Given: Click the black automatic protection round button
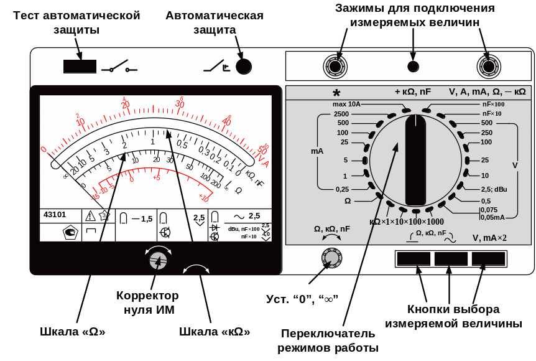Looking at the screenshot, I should click(x=243, y=67).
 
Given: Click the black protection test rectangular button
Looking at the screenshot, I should click(x=80, y=67).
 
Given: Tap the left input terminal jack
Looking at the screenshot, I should click(x=335, y=66).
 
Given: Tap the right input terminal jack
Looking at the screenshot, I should click(x=489, y=66).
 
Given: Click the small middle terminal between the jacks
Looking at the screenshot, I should click(x=412, y=67).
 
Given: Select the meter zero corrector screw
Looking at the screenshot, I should click(x=158, y=261).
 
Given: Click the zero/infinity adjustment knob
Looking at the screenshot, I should click(x=331, y=257).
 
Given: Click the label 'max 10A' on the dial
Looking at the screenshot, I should click(x=346, y=104).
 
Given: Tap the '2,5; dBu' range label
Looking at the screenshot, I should click(x=494, y=189).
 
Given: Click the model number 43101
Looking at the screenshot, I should click(x=55, y=215).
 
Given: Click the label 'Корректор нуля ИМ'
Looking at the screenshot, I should click(x=147, y=302).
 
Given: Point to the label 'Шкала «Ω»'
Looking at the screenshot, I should click(x=73, y=332).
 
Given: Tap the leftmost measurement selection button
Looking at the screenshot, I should click(x=414, y=258).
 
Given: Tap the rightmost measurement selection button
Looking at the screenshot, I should click(x=488, y=258).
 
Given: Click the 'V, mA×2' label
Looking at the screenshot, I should click(x=489, y=238).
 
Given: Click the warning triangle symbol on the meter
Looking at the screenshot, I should click(x=90, y=216).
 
